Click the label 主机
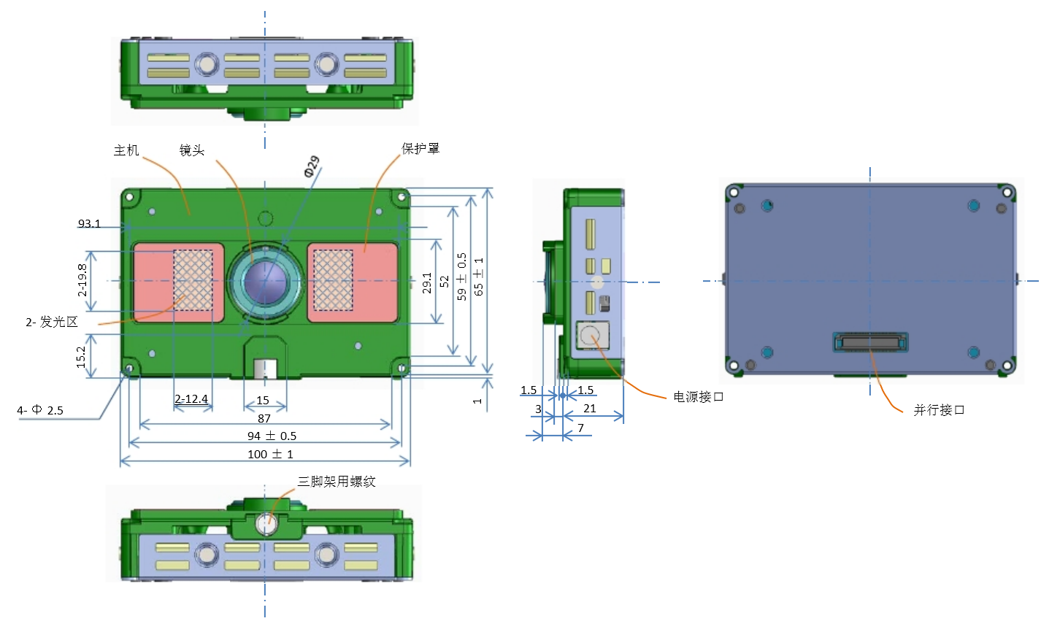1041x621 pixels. [126, 150]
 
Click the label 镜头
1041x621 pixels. [192, 150]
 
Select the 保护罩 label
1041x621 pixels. [420, 148]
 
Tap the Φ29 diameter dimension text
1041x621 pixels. [312, 167]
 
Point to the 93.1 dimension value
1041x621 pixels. [89, 223]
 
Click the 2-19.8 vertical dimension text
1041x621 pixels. [82, 279]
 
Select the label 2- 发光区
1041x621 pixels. [51, 322]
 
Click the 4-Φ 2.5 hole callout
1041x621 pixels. [40, 410]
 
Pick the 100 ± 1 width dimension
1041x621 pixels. [270, 454]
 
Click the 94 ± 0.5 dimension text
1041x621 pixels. [272, 436]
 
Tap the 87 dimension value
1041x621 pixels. [264, 418]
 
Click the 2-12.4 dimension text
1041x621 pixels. [192, 399]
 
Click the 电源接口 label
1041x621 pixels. [698, 397]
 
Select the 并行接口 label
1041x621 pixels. [939, 410]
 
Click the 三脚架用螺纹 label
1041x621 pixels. [337, 482]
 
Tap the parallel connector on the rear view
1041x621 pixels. [870, 342]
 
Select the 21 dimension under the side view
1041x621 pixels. [590, 409]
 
